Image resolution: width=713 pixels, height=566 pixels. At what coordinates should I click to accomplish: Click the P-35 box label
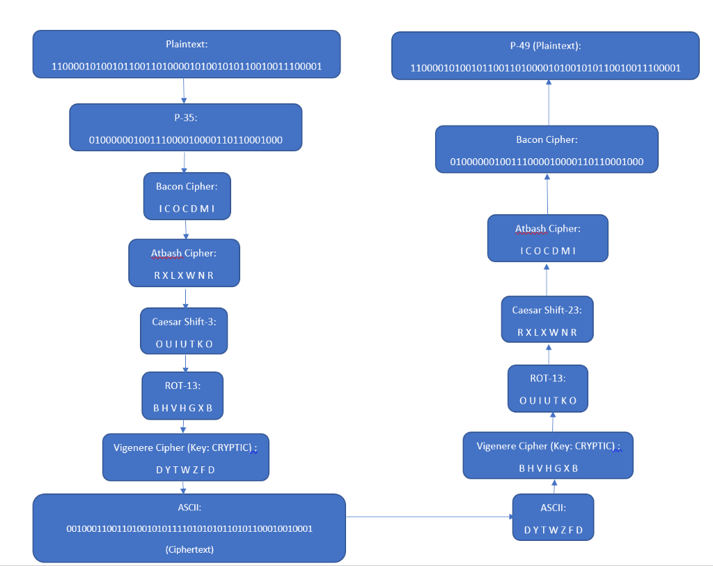(185, 117)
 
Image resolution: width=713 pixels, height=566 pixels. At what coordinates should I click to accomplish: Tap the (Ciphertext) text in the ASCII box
(189, 549)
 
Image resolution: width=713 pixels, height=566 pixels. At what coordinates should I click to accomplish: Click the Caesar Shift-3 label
(185, 321)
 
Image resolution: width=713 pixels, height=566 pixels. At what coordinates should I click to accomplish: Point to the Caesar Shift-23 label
(547, 309)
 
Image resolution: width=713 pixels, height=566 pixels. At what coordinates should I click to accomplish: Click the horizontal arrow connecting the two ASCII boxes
(429, 517)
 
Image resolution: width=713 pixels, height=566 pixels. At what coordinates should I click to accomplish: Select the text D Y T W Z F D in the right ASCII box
(554, 530)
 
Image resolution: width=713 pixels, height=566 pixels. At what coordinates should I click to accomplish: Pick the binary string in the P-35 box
(185, 140)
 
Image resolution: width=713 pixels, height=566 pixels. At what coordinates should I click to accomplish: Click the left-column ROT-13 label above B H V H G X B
(183, 385)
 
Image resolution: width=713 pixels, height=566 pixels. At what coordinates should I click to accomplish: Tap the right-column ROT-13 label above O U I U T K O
(547, 378)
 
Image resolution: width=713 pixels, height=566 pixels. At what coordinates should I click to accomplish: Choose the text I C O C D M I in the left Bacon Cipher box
(187, 208)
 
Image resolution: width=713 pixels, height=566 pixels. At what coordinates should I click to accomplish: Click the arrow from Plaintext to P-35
(184, 90)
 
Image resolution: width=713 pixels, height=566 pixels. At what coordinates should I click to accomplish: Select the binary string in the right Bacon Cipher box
(547, 162)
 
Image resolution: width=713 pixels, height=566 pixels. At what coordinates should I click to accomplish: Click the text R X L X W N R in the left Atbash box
(184, 275)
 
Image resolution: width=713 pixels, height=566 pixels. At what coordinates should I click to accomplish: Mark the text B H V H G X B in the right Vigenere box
(548, 468)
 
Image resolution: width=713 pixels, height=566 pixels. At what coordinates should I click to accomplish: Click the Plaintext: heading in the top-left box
(187, 45)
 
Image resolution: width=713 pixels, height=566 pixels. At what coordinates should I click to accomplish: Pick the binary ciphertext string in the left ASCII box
(189, 528)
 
